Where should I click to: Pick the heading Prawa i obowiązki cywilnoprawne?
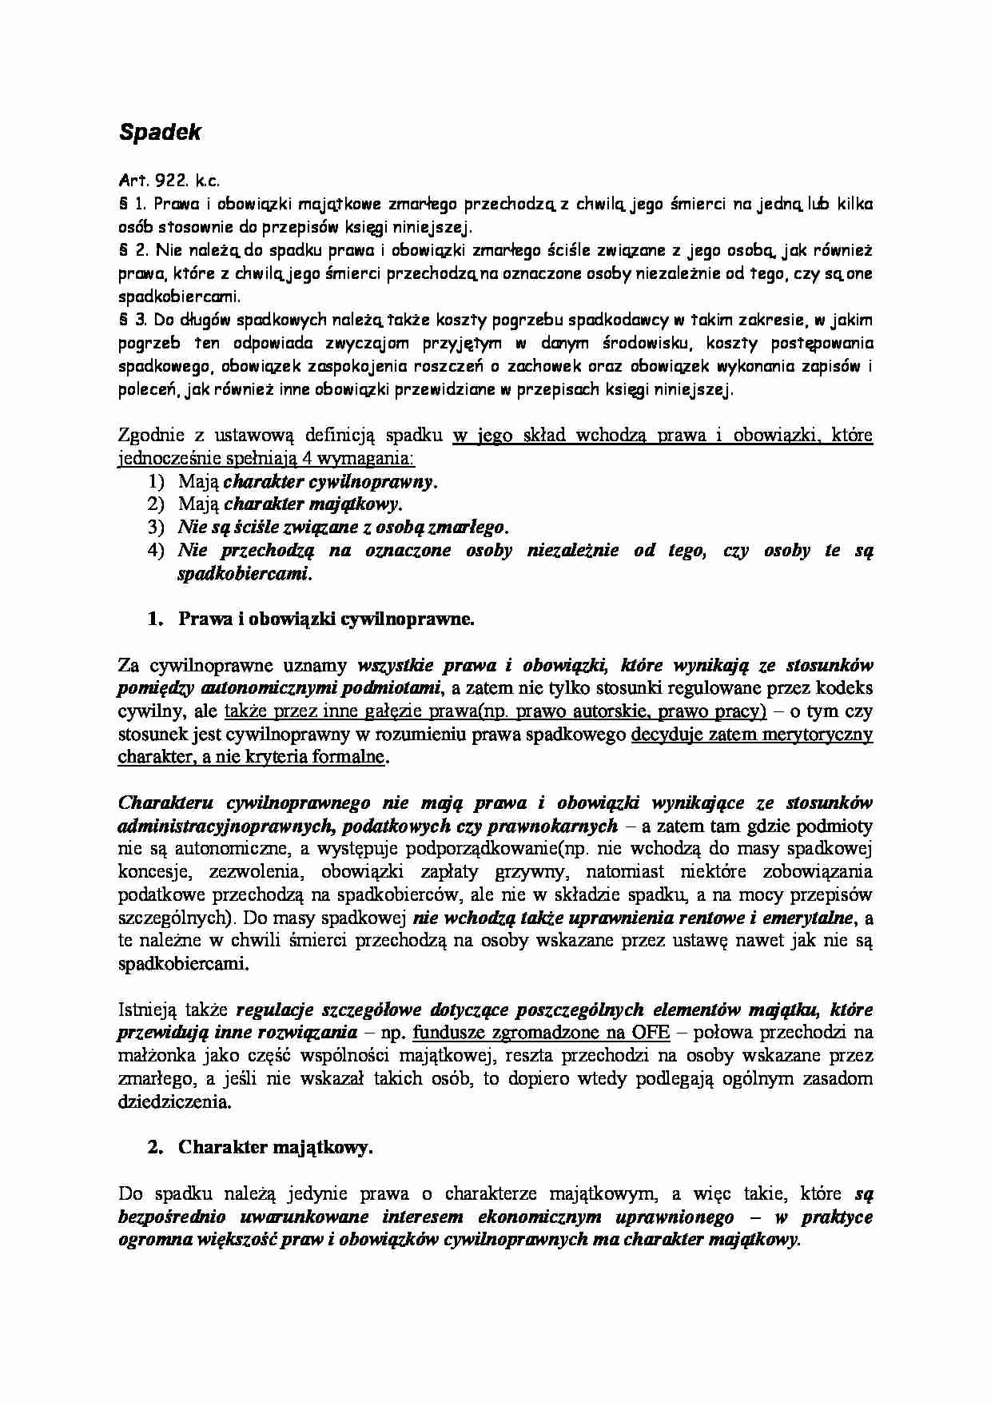pyautogui.click(x=326, y=619)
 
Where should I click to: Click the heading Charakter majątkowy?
pyautogui.click(x=275, y=1148)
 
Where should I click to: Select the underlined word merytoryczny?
pyautogui.click(x=816, y=734)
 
